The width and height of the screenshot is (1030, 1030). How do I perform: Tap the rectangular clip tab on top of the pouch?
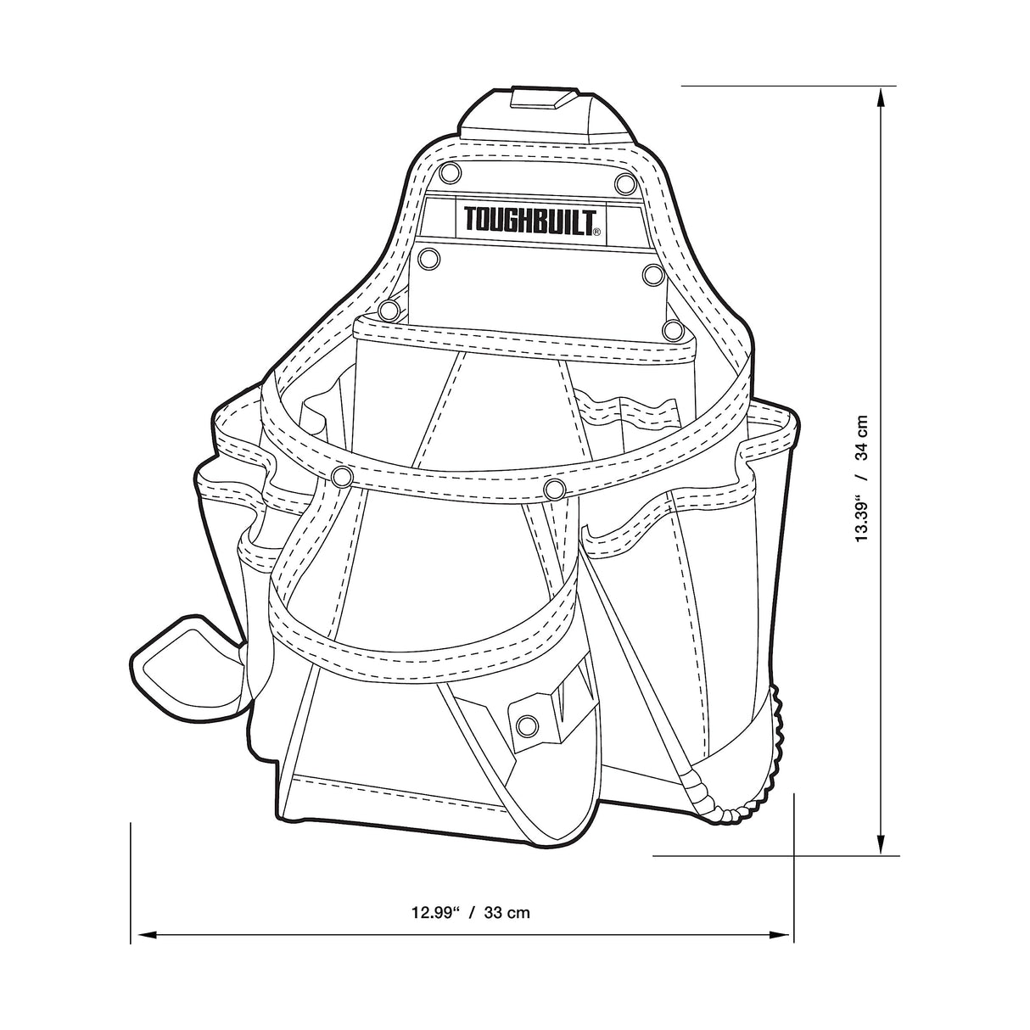(540, 100)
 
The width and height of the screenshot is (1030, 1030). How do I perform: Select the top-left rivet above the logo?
(451, 173)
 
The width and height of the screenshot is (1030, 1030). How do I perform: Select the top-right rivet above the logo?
(625, 182)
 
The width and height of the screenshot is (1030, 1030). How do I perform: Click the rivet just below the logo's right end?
(652, 275)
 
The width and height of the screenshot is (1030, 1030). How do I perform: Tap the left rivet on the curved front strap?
(343, 478)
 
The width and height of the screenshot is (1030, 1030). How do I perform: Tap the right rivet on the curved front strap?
(555, 489)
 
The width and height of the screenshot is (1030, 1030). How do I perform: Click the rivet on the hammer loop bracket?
(527, 725)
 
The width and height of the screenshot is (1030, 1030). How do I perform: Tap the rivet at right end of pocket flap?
(672, 329)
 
